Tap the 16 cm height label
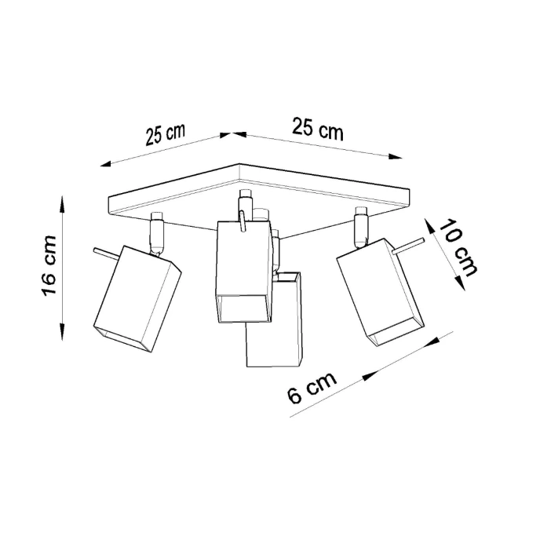[49, 265]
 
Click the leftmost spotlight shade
[137, 299]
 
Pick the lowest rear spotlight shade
[275, 330]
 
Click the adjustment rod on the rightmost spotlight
[407, 246]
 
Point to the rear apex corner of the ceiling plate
[239, 165]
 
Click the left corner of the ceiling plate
[108, 206]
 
